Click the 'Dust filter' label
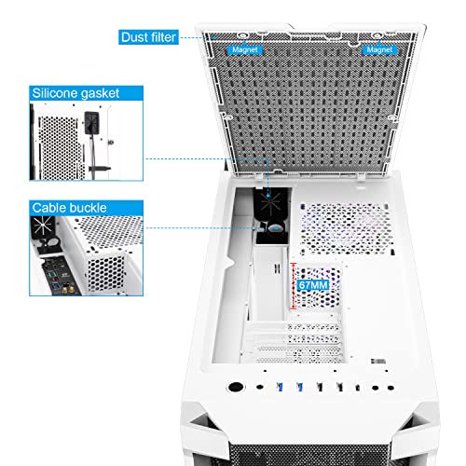click(149, 37)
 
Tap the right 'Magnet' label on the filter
click(379, 48)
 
